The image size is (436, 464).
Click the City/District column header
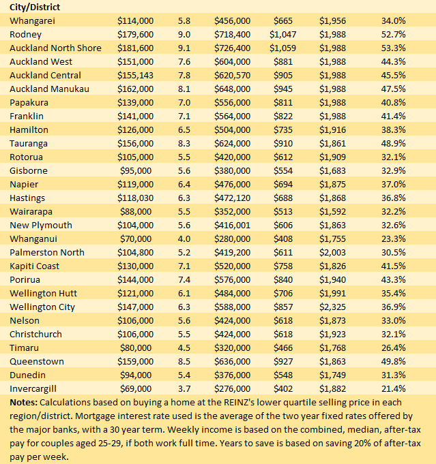click(x=35, y=7)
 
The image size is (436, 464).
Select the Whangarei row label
click(x=29, y=20)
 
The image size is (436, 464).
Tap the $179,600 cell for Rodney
click(x=136, y=34)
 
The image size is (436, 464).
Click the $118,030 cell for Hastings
click(x=136, y=198)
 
